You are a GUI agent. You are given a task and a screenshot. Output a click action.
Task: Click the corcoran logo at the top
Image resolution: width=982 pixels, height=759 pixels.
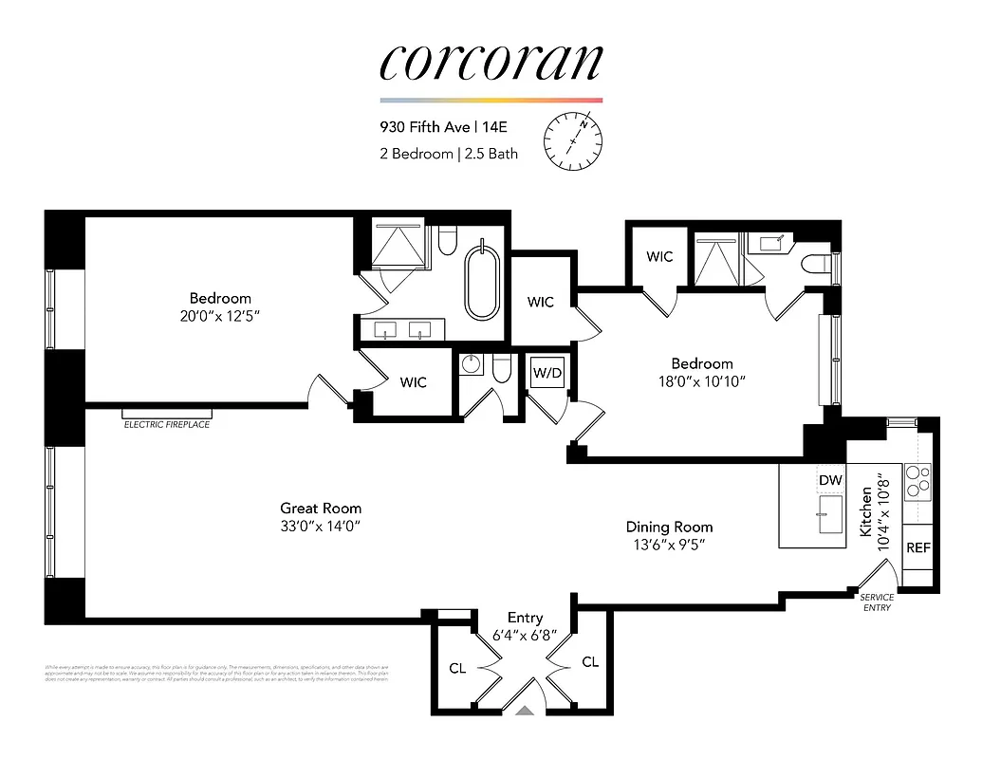coord(491,62)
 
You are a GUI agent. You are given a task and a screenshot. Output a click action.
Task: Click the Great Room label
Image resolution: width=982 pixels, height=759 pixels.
coord(321,509)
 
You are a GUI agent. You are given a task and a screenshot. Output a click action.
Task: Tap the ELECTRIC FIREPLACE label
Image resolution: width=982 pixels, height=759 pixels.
coord(167,425)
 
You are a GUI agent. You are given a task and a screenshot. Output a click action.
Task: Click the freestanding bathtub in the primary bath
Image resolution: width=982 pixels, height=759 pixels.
coord(481,282)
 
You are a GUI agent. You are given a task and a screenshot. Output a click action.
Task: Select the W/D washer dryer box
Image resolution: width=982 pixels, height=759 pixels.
coord(547,373)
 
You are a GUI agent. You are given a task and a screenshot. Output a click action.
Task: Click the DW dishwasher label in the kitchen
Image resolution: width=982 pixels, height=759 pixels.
coord(830,481)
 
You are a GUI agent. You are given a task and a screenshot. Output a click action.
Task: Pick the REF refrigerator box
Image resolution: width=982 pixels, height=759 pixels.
coord(917,547)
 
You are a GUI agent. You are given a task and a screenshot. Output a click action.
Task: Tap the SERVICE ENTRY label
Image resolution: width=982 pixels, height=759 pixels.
coord(876,602)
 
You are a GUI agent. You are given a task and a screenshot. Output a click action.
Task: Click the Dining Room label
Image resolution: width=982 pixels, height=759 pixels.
coord(669,527)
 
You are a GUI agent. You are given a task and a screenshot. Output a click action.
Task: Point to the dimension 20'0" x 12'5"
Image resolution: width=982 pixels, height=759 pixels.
coord(220,315)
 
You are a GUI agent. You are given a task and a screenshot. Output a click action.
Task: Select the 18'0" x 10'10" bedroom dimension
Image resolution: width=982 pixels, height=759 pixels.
coord(702,381)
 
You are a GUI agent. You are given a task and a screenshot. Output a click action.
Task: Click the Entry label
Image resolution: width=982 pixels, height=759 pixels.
coord(525,619)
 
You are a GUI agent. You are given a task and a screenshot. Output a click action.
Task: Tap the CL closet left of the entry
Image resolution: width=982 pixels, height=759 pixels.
coord(457,668)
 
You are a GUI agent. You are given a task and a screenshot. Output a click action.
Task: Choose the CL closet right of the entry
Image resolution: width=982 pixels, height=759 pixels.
coord(590,661)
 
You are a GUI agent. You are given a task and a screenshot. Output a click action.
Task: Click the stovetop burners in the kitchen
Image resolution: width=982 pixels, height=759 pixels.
coord(917,481)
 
